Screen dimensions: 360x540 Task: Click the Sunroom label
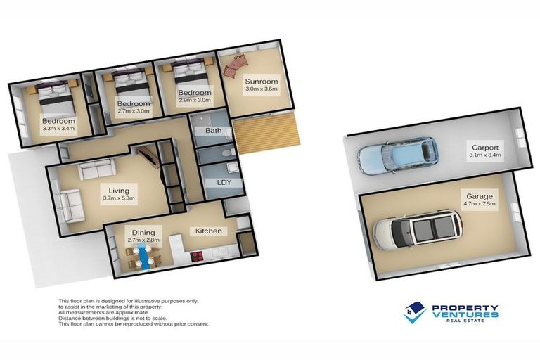pos(262,81)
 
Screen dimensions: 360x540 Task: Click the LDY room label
pos(214,183)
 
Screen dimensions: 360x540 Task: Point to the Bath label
pos(213,131)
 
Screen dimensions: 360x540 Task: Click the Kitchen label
pos(209,231)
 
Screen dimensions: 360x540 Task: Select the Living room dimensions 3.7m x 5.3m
pos(117,198)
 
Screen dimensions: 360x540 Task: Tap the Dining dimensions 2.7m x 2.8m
pos(143,240)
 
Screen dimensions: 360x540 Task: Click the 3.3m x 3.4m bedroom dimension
pos(58,129)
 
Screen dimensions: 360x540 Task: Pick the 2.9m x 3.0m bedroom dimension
pos(193,101)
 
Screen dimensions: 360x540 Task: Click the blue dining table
pos(145,255)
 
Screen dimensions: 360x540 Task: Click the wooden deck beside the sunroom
pos(266,133)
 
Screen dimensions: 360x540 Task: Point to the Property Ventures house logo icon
pos(415,311)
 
